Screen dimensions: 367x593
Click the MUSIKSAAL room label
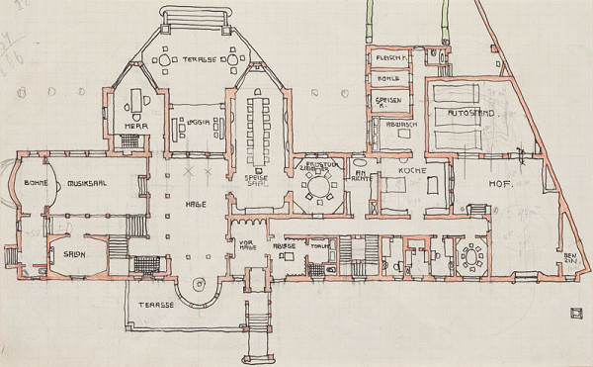click(x=88, y=183)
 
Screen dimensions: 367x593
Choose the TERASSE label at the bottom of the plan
click(x=157, y=305)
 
